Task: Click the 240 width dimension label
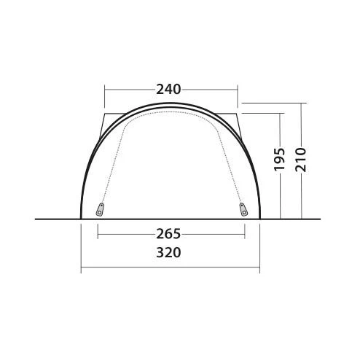[x=168, y=90]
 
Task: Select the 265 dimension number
[x=168, y=234]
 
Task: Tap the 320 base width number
[x=168, y=252]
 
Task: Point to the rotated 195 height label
[x=280, y=159]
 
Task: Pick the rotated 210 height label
[x=301, y=159]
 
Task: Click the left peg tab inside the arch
[x=100, y=210]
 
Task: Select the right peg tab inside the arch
[x=243, y=210]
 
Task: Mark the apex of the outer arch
[x=170, y=103]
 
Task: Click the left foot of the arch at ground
[x=81, y=219]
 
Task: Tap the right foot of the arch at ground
[x=259, y=219]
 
